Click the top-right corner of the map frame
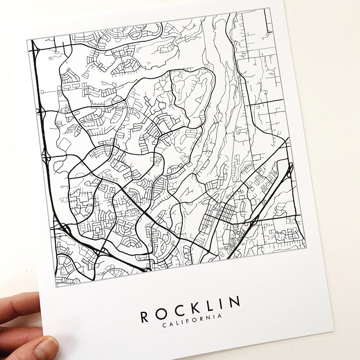(x=271, y=8)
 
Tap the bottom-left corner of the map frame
(x=56, y=287)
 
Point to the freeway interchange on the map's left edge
(x=47, y=156)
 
